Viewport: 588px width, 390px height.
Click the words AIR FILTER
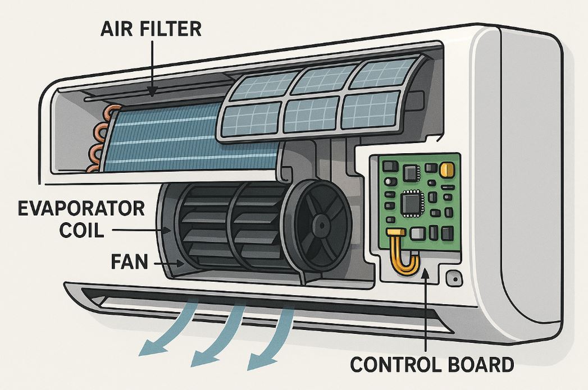[x=151, y=29]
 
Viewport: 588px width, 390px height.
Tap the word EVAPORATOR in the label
[x=81, y=209]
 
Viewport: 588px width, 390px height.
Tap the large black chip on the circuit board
[x=412, y=203]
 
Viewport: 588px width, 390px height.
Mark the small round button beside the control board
[x=454, y=279]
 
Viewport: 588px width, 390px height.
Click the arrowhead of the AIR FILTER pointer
[x=151, y=91]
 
